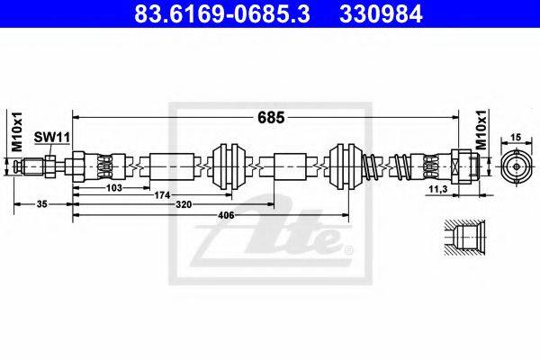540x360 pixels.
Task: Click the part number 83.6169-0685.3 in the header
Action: point(222,14)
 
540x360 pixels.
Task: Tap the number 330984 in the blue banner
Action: point(381,14)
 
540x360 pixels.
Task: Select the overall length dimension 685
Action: point(271,118)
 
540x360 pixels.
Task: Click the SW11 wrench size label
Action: point(52,138)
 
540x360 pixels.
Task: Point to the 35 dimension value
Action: point(42,204)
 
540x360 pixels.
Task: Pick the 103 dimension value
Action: point(114,188)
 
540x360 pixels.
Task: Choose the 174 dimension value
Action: point(162,195)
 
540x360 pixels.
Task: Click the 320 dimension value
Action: point(184,204)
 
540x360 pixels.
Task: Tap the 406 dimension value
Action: point(226,215)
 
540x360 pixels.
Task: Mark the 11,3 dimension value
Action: point(438,189)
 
